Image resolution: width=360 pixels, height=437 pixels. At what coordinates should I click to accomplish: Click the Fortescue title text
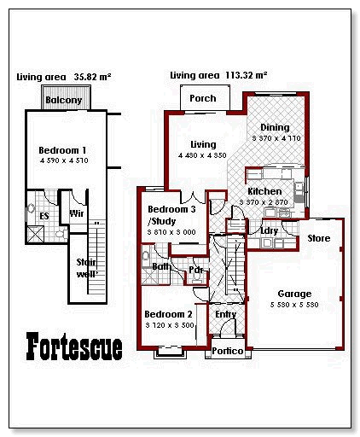tap(74, 346)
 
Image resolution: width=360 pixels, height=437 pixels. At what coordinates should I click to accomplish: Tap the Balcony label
tap(64, 100)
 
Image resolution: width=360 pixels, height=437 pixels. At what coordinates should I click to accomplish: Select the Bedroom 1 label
tap(62, 150)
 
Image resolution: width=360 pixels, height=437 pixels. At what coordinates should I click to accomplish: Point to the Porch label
tap(202, 98)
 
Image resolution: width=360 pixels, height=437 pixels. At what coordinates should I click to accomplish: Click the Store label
tap(318, 238)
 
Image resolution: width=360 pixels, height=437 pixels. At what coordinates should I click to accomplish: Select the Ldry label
tap(269, 230)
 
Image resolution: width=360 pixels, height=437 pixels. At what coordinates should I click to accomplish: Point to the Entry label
tap(226, 314)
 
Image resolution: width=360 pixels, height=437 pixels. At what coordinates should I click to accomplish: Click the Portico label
tap(227, 351)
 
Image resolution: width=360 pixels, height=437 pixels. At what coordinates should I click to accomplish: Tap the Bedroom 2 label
tap(169, 314)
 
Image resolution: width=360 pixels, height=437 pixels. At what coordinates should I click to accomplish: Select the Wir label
tap(75, 213)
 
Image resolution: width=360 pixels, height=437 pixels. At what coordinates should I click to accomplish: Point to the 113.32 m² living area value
tap(244, 75)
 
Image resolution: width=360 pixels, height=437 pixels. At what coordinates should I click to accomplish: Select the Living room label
tap(203, 144)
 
